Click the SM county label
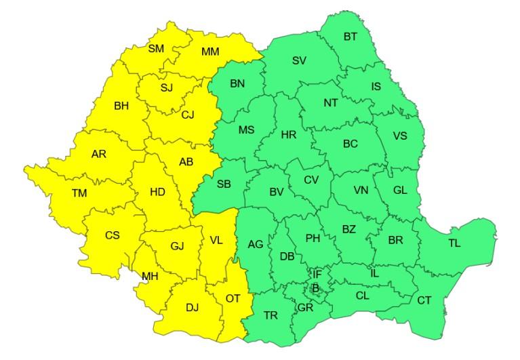156,48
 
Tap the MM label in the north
211,52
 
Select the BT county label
351,37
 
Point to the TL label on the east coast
454,242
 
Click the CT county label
424,300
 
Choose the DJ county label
193,307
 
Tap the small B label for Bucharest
315,287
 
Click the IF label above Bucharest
317,274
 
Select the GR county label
304,307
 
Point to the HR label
289,135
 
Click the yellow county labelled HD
157,192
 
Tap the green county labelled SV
299,60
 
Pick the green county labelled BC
351,144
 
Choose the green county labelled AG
255,244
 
